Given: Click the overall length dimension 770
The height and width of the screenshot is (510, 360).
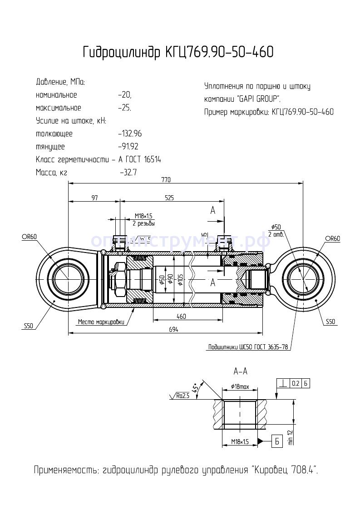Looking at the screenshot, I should tap(166, 180).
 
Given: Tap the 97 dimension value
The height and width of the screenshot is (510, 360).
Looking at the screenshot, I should tap(94, 198).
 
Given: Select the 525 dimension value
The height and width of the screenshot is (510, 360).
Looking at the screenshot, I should tap(169, 198).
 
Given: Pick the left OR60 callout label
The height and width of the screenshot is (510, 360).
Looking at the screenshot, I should tap(28, 237).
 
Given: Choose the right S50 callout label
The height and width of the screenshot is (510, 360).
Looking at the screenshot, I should tap(330, 322).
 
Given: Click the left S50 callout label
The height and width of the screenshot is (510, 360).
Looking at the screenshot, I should tap(29, 326).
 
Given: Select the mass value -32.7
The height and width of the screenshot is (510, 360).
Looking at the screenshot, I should tap(128, 173).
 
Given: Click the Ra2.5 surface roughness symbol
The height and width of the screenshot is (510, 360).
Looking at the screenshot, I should tap(181, 396).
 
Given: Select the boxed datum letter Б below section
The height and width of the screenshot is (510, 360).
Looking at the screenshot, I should tap(276, 440).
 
